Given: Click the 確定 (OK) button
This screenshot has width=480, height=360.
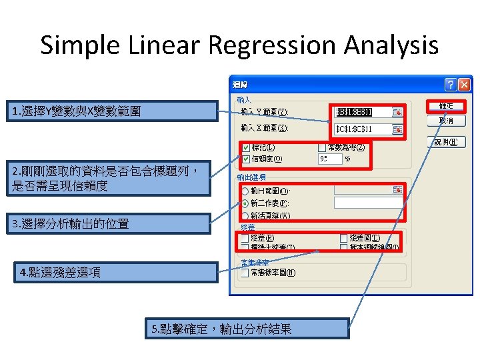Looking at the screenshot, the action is point(446,106).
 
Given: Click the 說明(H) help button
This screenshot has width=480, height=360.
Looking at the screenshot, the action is point(446,141).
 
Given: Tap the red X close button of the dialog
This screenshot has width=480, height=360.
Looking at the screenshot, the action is point(464,85).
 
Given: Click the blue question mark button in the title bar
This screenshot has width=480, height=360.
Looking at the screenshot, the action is point(451,85).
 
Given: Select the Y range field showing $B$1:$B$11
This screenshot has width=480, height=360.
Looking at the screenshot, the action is point(364,111).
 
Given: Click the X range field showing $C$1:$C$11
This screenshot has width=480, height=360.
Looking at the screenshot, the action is point(364,129).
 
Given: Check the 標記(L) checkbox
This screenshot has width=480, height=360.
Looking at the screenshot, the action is point(246,147).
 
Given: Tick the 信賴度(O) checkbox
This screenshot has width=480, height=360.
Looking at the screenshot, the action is point(246,159).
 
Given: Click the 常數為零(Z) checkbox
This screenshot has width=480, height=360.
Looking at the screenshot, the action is point(322,147).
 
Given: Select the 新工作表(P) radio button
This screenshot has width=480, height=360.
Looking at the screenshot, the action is point(245,203).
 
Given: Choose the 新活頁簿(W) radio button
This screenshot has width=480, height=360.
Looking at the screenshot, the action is point(245,215).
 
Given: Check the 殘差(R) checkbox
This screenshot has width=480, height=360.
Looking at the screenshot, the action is point(245,238).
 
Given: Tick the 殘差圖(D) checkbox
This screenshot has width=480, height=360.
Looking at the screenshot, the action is point(344,238).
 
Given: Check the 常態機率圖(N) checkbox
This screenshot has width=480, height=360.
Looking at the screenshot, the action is point(245,272).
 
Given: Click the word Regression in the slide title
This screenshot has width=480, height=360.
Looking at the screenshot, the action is point(263,45).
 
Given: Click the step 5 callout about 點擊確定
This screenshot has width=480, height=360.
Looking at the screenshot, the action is point(247,329).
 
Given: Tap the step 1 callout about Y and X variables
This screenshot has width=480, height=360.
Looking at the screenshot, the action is point(111,111).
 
